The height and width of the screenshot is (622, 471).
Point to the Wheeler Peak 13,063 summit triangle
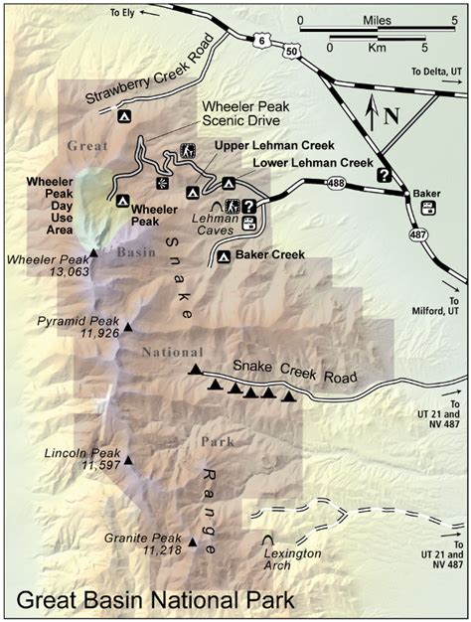(x=93, y=252)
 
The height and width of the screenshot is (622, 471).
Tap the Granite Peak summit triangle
(x=179, y=542)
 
